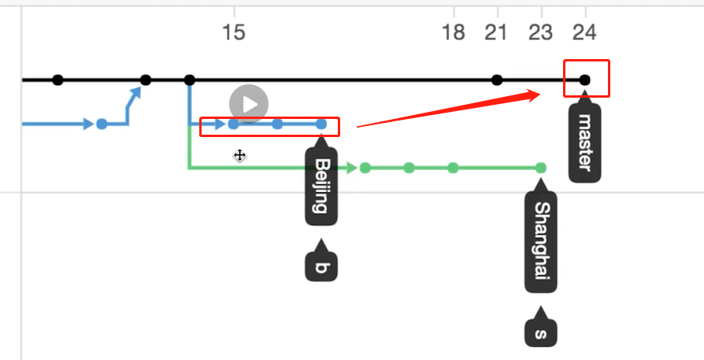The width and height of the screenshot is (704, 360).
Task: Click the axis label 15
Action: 234,32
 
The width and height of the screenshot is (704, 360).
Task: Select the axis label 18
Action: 454,32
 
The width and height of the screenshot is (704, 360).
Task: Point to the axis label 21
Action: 496,32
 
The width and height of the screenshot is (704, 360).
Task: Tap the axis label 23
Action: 541,32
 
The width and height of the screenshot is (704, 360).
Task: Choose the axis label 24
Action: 584,32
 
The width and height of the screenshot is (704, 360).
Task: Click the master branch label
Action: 584,142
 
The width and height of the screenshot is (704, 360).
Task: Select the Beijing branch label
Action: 321,186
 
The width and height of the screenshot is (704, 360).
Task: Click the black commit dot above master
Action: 584,80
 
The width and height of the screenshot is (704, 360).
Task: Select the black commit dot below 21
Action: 497,80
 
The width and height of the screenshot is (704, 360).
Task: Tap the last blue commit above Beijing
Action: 321,124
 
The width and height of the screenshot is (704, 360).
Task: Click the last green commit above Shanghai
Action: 540,168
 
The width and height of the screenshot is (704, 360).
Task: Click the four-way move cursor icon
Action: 240,155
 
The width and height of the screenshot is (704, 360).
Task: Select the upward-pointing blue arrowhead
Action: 136,93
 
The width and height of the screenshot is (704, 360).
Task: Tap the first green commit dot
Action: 365,168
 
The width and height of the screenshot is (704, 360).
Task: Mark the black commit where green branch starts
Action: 189,80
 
